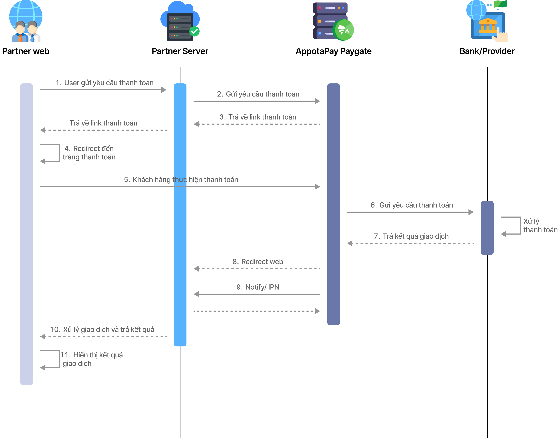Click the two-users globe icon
click(x=26, y=21)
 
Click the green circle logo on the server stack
click(x=343, y=30)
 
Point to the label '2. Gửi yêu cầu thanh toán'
click(x=258, y=94)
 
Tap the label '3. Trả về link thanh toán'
click(x=258, y=117)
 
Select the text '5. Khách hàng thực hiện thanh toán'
click(x=181, y=180)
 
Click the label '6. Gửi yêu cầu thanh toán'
click(x=412, y=205)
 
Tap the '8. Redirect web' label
click(x=258, y=262)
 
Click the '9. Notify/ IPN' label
click(x=258, y=287)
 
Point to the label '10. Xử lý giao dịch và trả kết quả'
click(x=102, y=329)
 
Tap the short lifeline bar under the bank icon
click(x=487, y=228)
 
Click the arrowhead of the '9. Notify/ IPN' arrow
click(x=197, y=294)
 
